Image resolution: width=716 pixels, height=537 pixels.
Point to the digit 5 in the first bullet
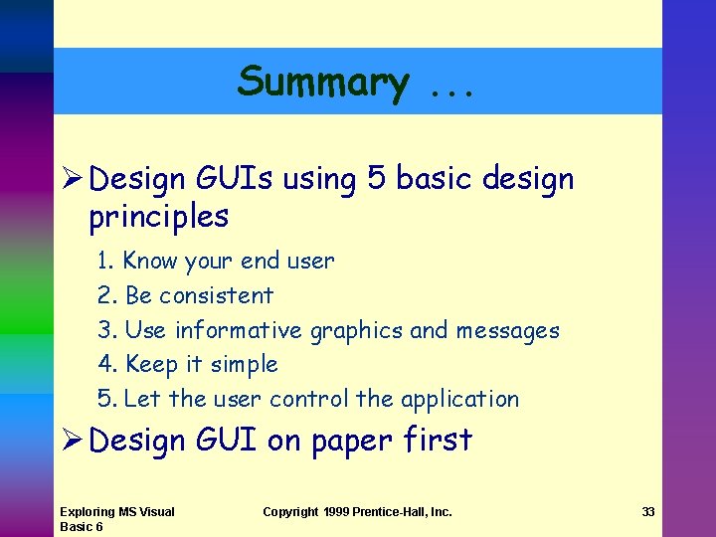point(376,180)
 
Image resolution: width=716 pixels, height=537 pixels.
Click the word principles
point(159,217)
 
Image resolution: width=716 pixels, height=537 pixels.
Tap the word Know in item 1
point(150,262)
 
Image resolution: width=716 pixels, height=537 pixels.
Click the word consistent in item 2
point(216,296)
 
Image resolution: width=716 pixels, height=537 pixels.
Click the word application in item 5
point(459,400)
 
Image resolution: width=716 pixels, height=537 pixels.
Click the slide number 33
point(648,512)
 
